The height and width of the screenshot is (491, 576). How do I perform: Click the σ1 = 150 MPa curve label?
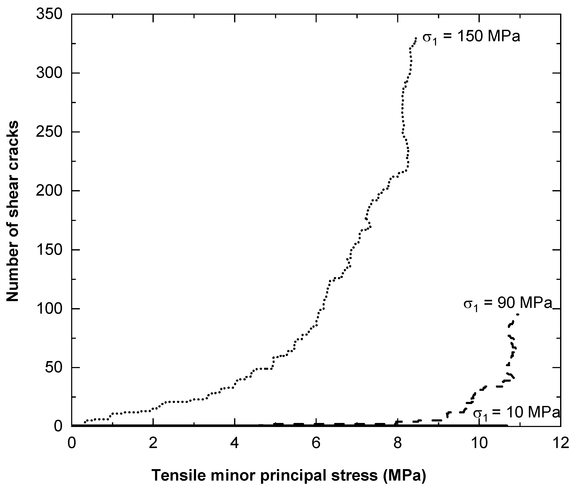click(471, 37)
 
